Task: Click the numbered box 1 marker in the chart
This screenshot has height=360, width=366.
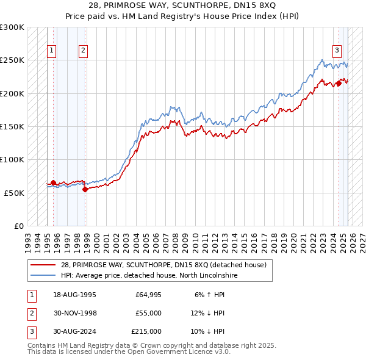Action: point(52,51)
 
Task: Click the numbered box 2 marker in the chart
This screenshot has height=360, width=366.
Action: point(83,51)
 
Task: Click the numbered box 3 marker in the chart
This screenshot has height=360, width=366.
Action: point(337,51)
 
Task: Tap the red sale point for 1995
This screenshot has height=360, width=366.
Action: point(53,182)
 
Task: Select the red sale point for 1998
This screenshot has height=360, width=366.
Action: point(85,189)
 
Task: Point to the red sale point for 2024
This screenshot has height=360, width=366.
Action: point(339,84)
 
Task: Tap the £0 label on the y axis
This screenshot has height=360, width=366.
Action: point(18,226)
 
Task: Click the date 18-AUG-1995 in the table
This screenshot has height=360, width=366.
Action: point(75,295)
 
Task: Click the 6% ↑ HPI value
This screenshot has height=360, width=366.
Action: point(209,295)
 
